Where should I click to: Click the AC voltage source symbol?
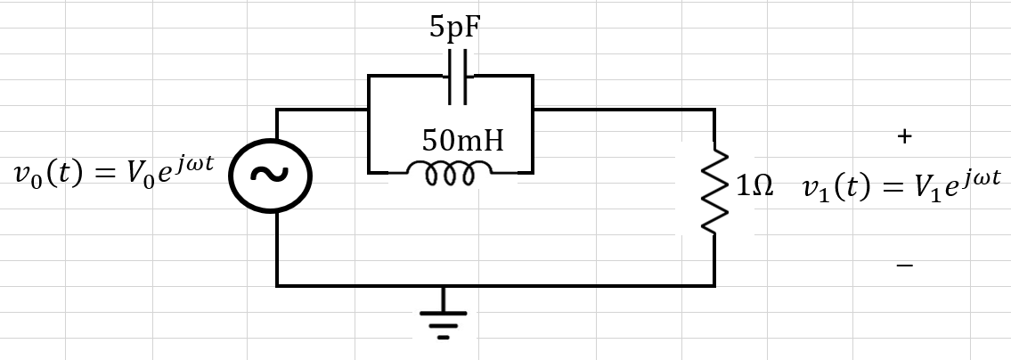270,175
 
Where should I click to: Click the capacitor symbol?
458,76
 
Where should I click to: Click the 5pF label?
453,29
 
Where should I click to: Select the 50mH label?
462,139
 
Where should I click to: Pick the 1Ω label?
754,188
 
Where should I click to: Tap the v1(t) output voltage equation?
901,188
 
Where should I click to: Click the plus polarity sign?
905,136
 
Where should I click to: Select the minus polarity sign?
904,266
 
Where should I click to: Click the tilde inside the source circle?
270,175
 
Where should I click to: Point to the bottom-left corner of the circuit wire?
277,285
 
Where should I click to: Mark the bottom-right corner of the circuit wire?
714,285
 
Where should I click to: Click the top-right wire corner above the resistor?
714,110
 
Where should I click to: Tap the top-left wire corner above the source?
277,110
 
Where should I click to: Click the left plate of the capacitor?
451,76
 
